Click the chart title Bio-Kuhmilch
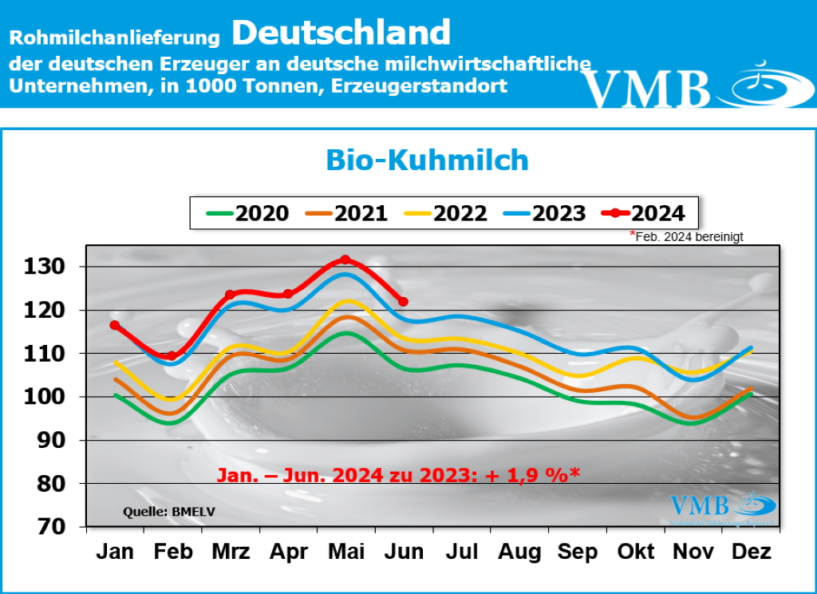click(427, 160)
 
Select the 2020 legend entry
click(247, 213)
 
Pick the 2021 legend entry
click(346, 213)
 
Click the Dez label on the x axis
click(751, 552)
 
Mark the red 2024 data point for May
click(345, 259)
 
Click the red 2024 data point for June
click(403, 302)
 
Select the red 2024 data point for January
click(115, 325)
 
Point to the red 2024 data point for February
click(172, 356)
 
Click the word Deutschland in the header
click(341, 33)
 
